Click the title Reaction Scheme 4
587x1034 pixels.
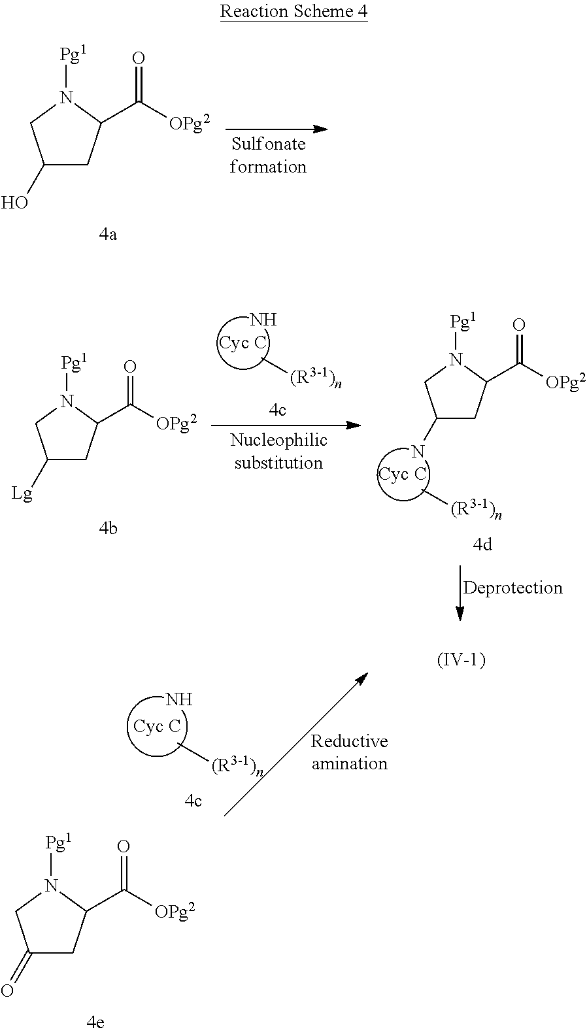[x=294, y=12]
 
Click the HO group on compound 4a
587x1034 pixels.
[x=14, y=203]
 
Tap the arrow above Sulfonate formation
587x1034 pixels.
[x=276, y=129]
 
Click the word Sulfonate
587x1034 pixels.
[x=268, y=144]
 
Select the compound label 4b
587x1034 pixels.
[x=108, y=528]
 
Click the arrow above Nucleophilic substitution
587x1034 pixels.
[x=286, y=425]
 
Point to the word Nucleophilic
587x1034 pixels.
[x=278, y=441]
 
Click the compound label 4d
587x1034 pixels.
[x=482, y=544]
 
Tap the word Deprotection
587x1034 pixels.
[x=512, y=588]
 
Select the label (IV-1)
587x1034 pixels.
[x=461, y=660]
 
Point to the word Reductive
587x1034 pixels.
[x=349, y=741]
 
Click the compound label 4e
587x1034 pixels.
[x=95, y=1023]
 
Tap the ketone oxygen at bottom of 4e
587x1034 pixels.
[x=7, y=991]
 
